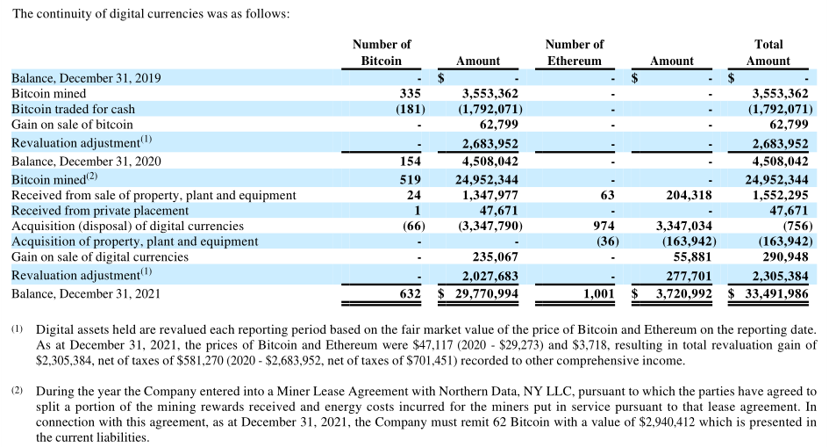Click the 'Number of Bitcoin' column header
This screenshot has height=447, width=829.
[x=382, y=52]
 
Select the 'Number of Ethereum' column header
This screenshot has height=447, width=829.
[x=575, y=52]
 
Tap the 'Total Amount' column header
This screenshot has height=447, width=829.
[x=768, y=52]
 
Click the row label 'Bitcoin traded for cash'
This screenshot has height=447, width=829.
[x=74, y=109]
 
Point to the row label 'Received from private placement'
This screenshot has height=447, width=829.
[x=100, y=210]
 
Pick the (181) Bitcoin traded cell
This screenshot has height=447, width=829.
[x=410, y=109]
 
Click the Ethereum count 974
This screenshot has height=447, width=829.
[x=603, y=226]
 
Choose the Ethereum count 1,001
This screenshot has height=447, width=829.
[x=598, y=293]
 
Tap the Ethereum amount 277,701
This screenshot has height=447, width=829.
[x=683, y=276]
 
